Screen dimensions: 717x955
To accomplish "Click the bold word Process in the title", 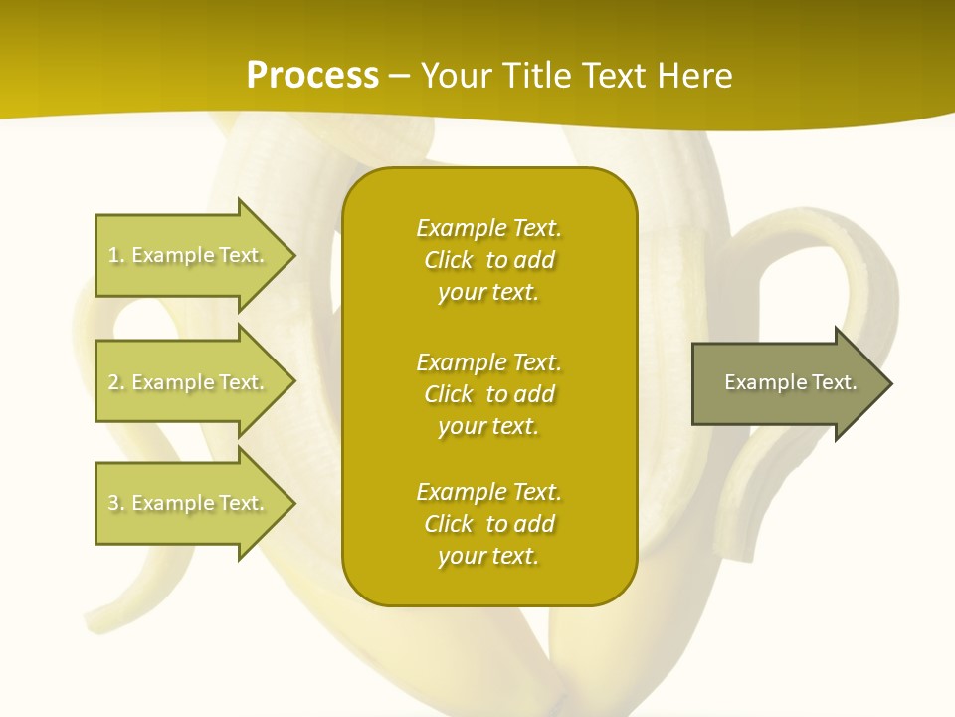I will (x=312, y=76).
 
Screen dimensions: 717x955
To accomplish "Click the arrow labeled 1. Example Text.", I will (x=187, y=255).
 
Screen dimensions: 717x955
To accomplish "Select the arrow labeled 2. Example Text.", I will (x=187, y=382).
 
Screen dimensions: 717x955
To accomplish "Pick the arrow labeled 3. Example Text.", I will (x=187, y=503).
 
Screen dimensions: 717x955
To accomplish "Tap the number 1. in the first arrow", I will (x=116, y=255).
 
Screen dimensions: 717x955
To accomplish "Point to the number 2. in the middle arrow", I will (x=116, y=382).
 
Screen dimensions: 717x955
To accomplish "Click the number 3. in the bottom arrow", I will (x=116, y=503).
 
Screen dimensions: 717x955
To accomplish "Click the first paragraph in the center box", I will (x=488, y=260).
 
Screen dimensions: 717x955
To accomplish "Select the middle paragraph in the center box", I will (x=488, y=394).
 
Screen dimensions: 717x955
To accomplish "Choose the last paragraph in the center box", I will (x=488, y=524).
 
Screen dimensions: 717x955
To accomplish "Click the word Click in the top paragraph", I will (x=449, y=260).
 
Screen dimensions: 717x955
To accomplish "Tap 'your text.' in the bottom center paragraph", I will (x=488, y=556).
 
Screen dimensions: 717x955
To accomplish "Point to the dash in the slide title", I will (x=400, y=76).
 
